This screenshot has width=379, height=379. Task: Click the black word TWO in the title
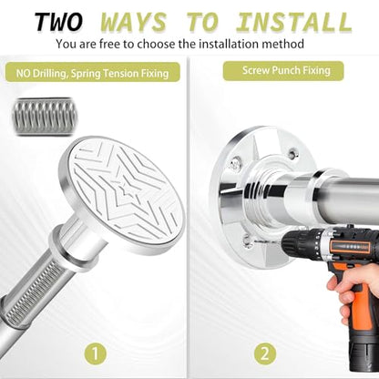click(x=58, y=22)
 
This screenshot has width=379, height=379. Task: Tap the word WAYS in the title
click(x=134, y=22)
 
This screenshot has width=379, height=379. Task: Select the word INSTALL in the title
click(x=294, y=22)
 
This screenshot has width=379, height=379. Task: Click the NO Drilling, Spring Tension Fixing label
click(x=93, y=73)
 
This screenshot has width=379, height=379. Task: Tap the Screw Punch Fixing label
click(x=283, y=71)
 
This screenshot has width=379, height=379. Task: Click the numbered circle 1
click(x=95, y=353)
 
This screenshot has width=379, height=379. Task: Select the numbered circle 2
click(x=265, y=353)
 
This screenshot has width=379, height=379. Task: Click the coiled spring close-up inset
click(x=45, y=117)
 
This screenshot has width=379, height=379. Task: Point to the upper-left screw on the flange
click(x=235, y=163)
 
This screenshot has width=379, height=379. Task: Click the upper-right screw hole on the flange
click(x=292, y=152)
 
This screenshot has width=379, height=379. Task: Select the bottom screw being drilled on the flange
click(x=247, y=241)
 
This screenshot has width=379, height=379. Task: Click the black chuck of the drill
click(x=299, y=244)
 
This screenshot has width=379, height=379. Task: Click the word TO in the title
click(x=202, y=22)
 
